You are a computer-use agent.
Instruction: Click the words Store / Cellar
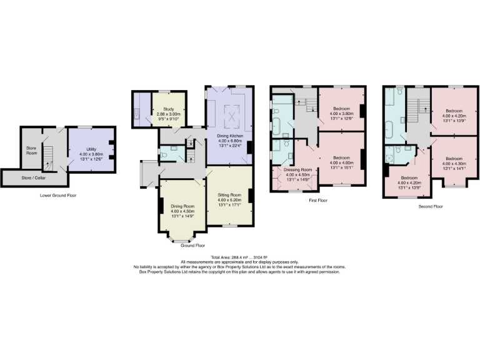coord(31,177)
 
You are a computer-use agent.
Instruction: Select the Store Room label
coord(31,151)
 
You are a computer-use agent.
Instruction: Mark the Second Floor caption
coord(430,206)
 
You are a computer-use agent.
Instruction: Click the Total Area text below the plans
coord(240,257)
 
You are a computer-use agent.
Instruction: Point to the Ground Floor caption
coord(191,246)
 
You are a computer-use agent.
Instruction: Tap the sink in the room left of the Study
coord(136,114)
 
